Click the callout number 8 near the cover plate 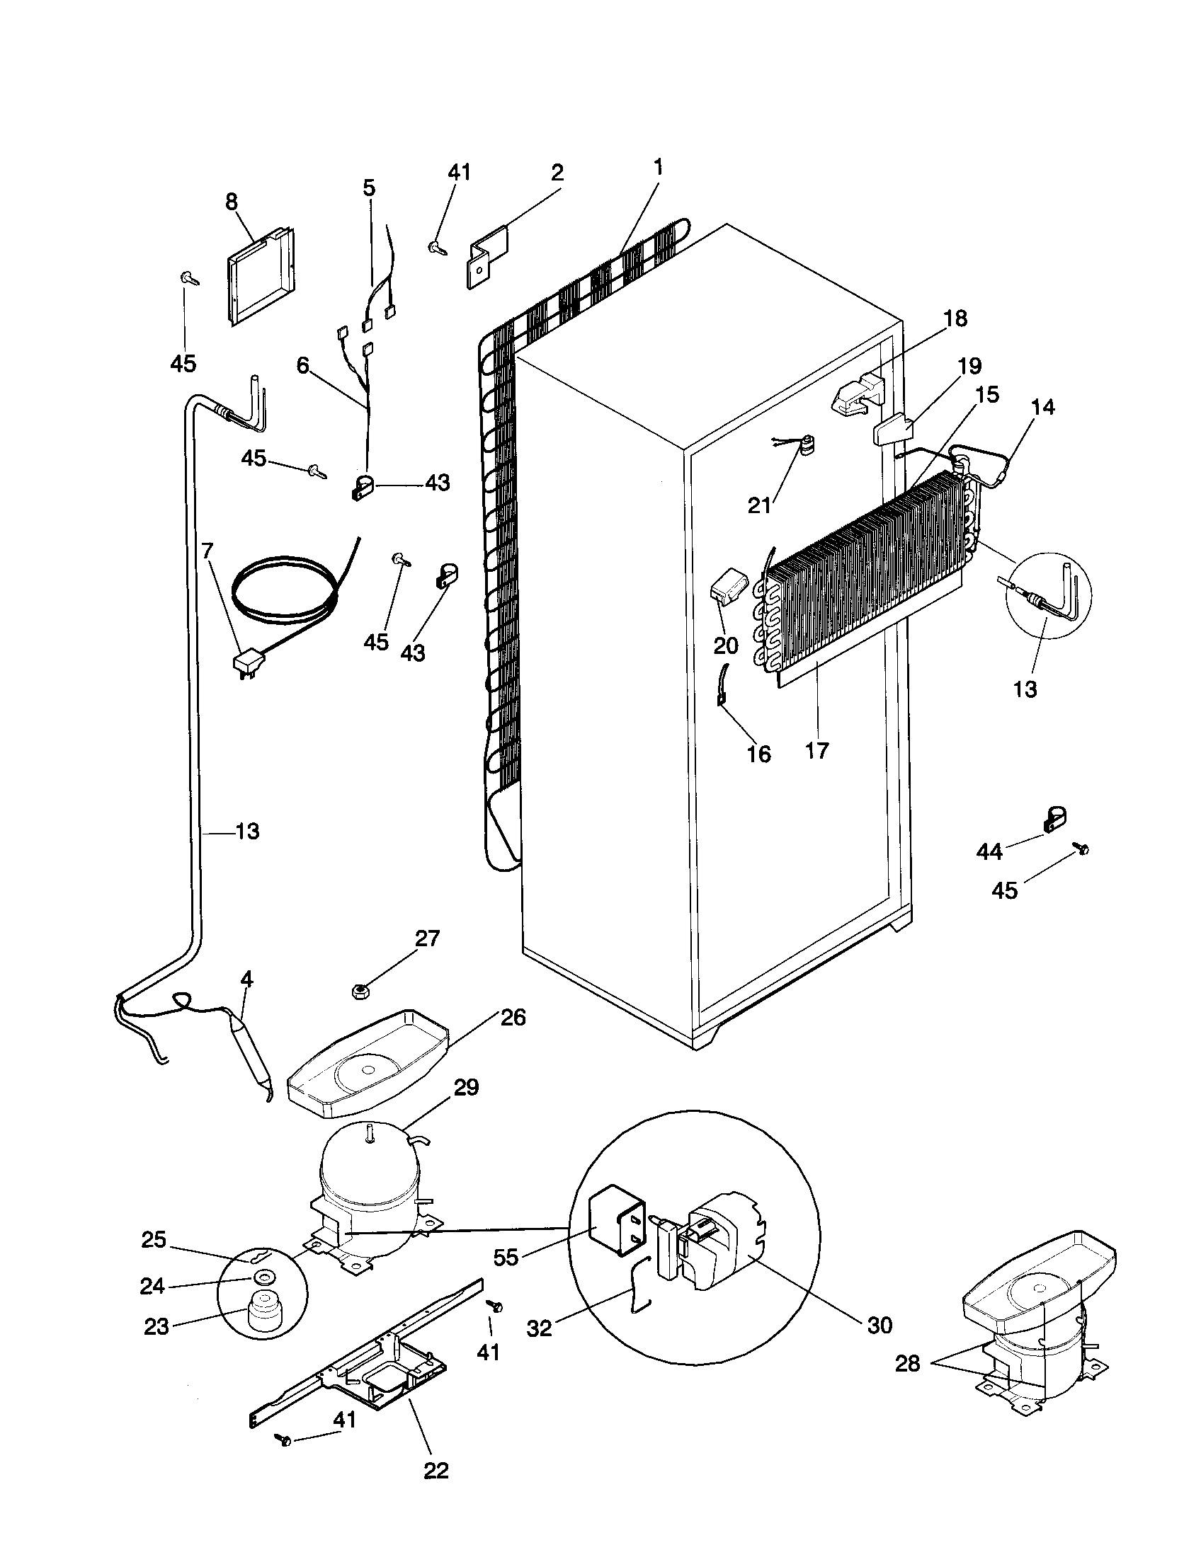click(231, 202)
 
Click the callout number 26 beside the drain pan click(512, 1017)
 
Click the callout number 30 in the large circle click(880, 1326)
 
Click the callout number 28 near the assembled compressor click(907, 1363)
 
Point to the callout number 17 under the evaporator click(817, 750)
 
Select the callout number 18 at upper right click(955, 318)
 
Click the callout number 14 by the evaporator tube click(1042, 407)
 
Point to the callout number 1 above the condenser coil click(658, 168)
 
